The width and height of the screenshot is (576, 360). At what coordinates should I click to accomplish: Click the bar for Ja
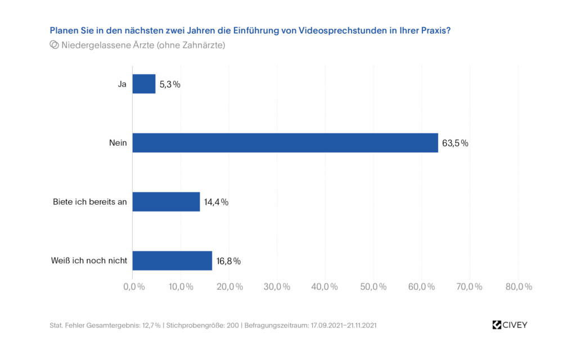pos(144,84)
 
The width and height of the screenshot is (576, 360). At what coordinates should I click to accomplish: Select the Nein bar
pos(285,143)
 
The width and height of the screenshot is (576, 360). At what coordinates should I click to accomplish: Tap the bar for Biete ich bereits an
pos(166,201)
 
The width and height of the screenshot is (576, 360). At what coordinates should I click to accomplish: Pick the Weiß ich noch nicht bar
pos(172,260)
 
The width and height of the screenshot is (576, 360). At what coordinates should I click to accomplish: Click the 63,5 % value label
pos(455,143)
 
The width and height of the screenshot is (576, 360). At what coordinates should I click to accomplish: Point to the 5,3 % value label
pos(170,84)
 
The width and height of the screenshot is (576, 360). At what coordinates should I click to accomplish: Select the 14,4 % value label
pos(217,202)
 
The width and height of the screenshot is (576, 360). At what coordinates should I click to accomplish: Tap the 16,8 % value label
pos(228,261)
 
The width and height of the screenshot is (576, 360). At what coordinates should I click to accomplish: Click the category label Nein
pos(118,143)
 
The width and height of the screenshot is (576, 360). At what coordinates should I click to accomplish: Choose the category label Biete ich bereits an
pos(90,202)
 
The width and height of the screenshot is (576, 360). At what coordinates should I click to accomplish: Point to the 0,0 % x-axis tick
pos(133,287)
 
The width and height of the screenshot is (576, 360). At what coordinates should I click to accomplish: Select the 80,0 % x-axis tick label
pos(519,287)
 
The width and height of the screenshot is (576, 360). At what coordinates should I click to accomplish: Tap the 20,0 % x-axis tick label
pos(229,287)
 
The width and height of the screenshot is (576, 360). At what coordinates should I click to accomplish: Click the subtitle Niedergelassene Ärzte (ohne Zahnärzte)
pos(143,45)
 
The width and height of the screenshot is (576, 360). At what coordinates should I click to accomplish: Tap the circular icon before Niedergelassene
pos(55,45)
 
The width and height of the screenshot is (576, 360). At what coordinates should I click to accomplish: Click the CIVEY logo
pos(510,325)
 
